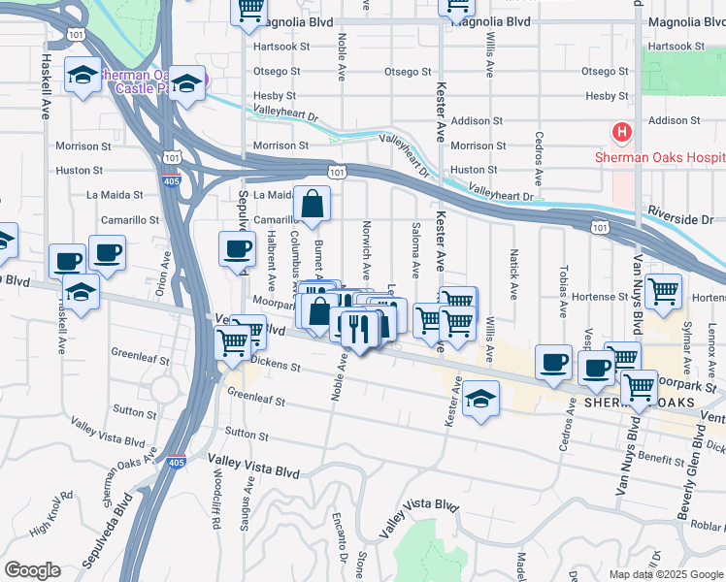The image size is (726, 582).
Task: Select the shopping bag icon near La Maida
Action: pyautogui.click(x=313, y=206)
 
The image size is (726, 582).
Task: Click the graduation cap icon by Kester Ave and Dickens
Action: pyautogui.click(x=479, y=399)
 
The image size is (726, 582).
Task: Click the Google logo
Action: pyautogui.click(x=31, y=570)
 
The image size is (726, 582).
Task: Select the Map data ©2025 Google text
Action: pyautogui.click(x=664, y=574)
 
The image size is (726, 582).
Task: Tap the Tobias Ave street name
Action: pyautogui.click(x=562, y=295)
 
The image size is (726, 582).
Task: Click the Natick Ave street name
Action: pyautogui.click(x=513, y=266)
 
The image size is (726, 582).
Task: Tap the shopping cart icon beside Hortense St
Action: pyautogui.click(x=662, y=292)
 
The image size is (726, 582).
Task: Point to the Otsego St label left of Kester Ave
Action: pyautogui.click(x=407, y=72)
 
